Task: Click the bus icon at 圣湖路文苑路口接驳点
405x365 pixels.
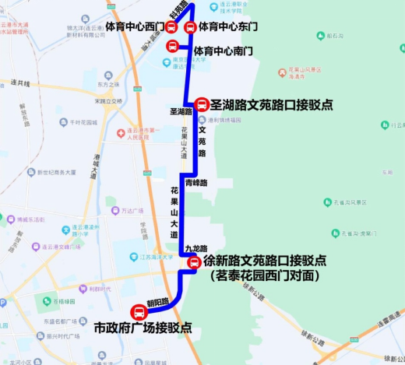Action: (x=200, y=104)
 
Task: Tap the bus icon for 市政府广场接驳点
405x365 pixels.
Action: (x=139, y=313)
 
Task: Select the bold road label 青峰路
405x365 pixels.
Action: (x=196, y=182)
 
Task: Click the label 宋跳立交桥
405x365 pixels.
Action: (x=107, y=101)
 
